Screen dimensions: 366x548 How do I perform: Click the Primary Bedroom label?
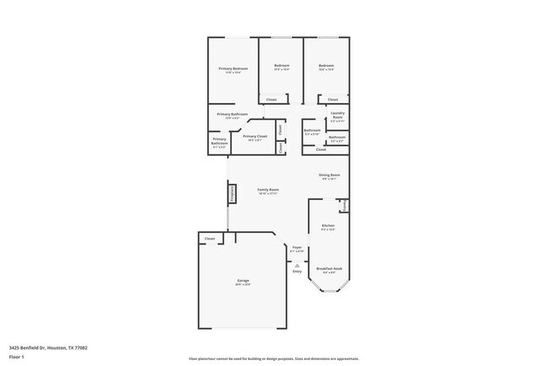232,69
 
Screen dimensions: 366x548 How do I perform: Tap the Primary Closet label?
255,137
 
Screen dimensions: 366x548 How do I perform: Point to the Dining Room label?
328,175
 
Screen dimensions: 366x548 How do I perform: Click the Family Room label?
268,191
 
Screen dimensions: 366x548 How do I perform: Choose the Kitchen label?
328,226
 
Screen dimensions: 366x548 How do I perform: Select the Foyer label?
297,247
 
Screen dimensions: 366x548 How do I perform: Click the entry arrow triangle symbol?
297,263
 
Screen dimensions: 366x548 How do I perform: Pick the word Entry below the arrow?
297,272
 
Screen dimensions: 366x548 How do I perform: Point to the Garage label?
243,282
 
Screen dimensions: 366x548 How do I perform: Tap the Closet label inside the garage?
209,240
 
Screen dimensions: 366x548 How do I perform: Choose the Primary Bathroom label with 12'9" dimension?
232,116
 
